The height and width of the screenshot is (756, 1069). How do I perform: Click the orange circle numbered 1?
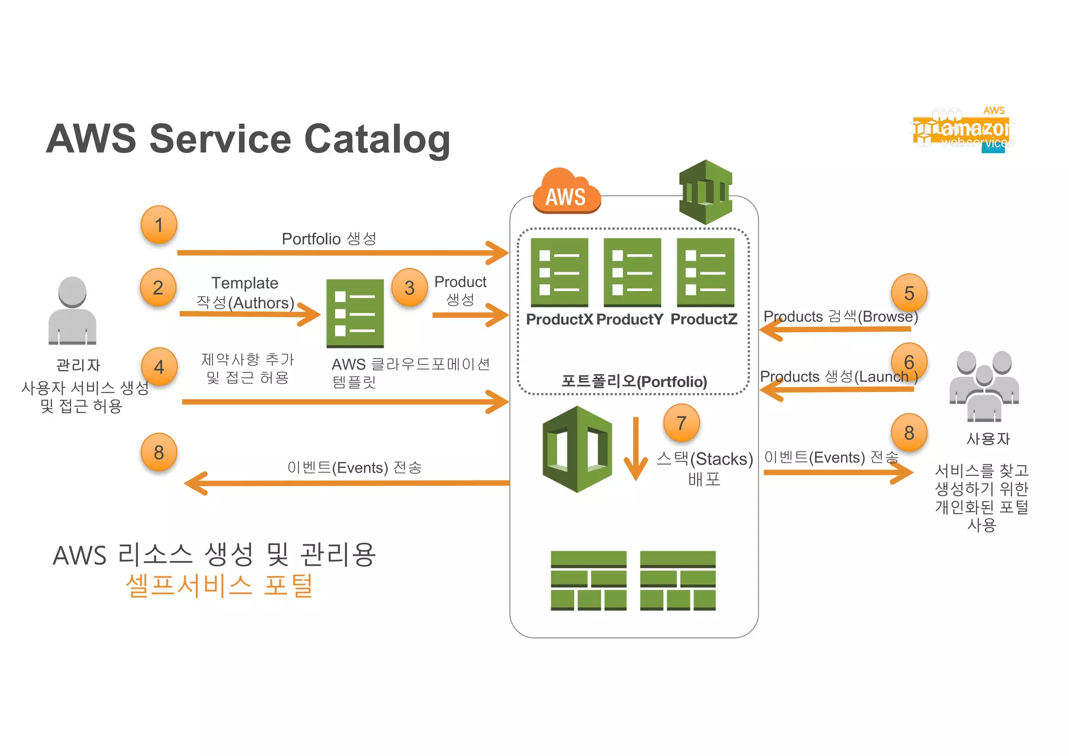tap(159, 225)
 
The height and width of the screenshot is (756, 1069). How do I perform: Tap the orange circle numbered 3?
tap(409, 287)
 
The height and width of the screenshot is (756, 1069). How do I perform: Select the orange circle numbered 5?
tap(909, 293)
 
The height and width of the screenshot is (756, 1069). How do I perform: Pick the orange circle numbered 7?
tap(681, 423)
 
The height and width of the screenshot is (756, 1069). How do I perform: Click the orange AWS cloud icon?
tap(566, 192)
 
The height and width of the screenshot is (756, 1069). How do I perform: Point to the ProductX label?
tap(559, 319)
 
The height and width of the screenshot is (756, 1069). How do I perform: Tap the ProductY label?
tap(629, 319)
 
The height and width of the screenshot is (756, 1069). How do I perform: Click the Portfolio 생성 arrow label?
tap(329, 239)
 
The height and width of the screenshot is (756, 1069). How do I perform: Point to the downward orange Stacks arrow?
tap(636, 448)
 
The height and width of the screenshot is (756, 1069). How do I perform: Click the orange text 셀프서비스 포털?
tap(219, 585)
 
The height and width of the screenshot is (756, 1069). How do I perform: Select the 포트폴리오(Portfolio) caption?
tap(634, 381)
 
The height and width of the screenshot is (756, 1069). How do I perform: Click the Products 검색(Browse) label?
tap(840, 317)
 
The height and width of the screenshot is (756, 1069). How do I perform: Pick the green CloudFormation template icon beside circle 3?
tap(355, 313)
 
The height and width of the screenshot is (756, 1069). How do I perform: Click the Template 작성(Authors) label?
tap(245, 293)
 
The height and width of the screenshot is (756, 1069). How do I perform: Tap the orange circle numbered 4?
tap(159, 367)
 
